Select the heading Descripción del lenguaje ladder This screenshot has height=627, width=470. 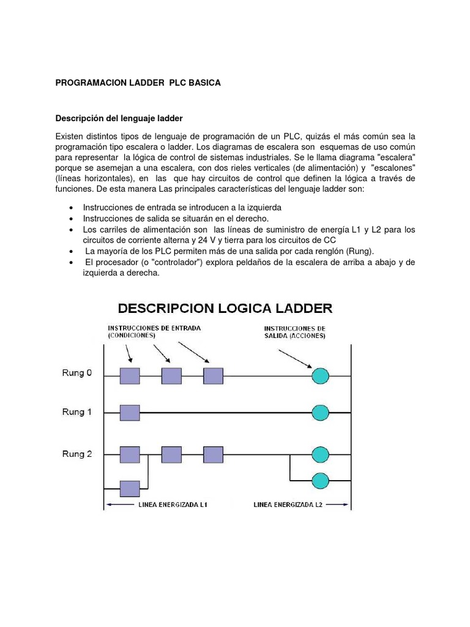click(x=119, y=118)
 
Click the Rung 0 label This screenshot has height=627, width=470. click(x=77, y=373)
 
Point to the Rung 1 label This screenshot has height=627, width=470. click(x=77, y=412)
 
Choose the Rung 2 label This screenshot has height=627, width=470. click(x=77, y=454)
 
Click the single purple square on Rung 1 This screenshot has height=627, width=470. click(x=130, y=413)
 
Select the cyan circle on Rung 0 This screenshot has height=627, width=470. click(x=320, y=375)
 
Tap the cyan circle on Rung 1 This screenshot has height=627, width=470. click(x=320, y=412)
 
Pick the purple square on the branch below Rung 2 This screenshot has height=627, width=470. click(x=130, y=488)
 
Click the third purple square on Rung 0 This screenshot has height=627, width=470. click(x=213, y=375)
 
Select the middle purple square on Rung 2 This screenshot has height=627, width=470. click(x=171, y=454)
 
